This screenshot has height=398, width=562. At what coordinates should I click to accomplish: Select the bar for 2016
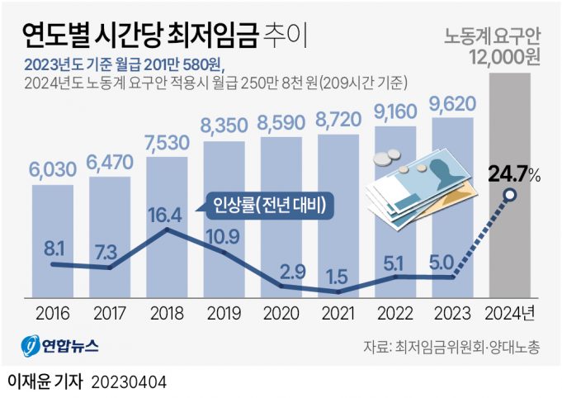[x=54, y=239]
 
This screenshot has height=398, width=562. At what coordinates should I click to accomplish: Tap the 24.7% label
[x=512, y=174]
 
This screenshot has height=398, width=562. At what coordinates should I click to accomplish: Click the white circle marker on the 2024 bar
[x=510, y=196]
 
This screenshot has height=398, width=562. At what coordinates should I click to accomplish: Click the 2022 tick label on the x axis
[x=396, y=314]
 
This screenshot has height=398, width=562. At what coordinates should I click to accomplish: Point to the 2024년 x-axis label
[x=511, y=314]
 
